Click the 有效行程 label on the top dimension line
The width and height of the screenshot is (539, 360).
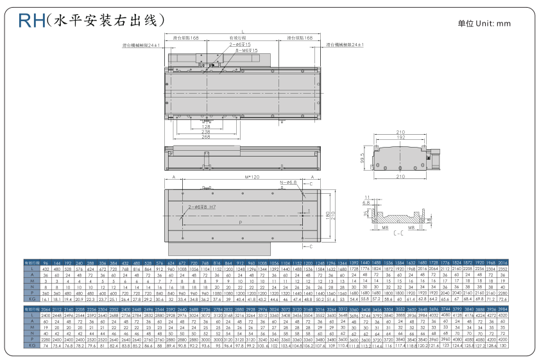click(x=239, y=39)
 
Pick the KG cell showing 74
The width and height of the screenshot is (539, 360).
click(x=45, y=345)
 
